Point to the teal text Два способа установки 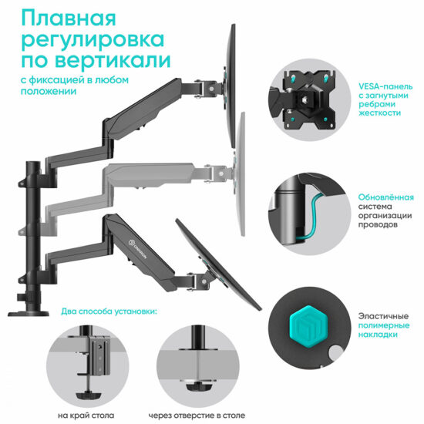107,312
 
